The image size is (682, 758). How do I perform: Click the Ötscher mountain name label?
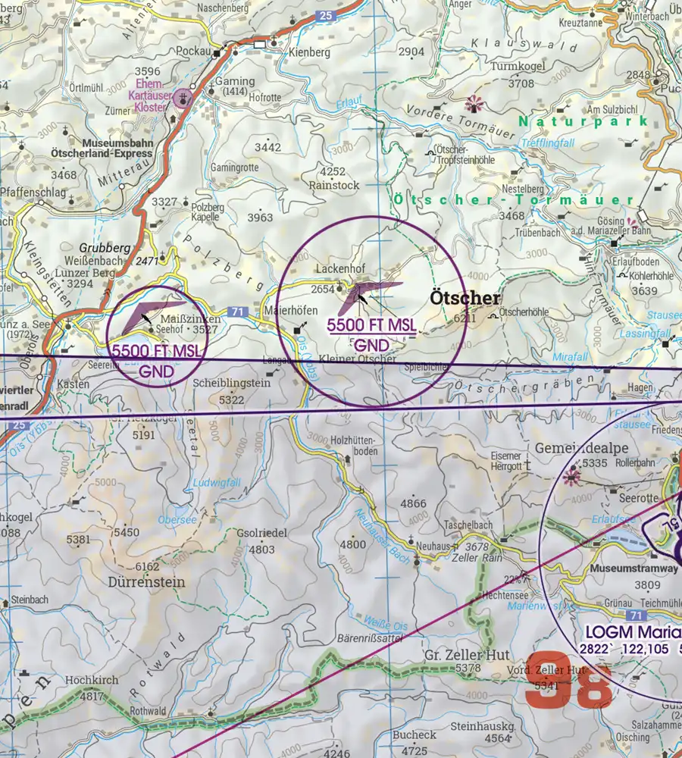click(465, 298)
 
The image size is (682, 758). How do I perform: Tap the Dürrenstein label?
click(149, 583)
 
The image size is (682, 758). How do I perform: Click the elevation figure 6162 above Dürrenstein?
click(147, 567)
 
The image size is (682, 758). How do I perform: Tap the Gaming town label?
click(230, 81)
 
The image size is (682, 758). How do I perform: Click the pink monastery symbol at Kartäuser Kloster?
click(182, 97)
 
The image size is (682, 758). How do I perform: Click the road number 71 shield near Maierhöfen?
click(238, 312)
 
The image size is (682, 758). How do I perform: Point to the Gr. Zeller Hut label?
click(468, 655)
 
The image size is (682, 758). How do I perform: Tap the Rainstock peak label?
click(333, 184)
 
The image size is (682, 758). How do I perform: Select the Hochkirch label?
click(91, 680)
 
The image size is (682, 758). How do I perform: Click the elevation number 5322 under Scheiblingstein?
click(231, 399)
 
